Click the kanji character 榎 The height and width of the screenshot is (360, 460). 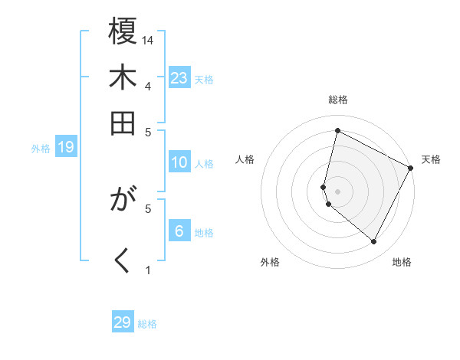(123, 34)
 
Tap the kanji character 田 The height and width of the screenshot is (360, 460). (123, 122)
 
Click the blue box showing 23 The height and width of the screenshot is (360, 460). (179, 78)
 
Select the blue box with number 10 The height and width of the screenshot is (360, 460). (179, 162)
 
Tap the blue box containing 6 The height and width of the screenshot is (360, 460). (179, 231)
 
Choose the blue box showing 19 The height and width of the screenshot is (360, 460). (65, 147)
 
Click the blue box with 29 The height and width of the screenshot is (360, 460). (123, 322)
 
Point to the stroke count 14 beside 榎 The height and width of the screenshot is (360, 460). (149, 40)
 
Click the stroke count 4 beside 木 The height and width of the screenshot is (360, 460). (148, 85)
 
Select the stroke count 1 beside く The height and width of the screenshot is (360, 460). (148, 270)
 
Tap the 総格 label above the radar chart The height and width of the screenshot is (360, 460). (338, 100)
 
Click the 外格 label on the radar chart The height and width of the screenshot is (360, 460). (270, 262)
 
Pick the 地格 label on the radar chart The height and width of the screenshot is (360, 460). (402, 262)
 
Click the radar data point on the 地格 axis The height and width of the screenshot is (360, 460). (373, 242)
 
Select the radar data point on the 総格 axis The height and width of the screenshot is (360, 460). (337, 130)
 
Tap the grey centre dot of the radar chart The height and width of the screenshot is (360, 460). (337, 191)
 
